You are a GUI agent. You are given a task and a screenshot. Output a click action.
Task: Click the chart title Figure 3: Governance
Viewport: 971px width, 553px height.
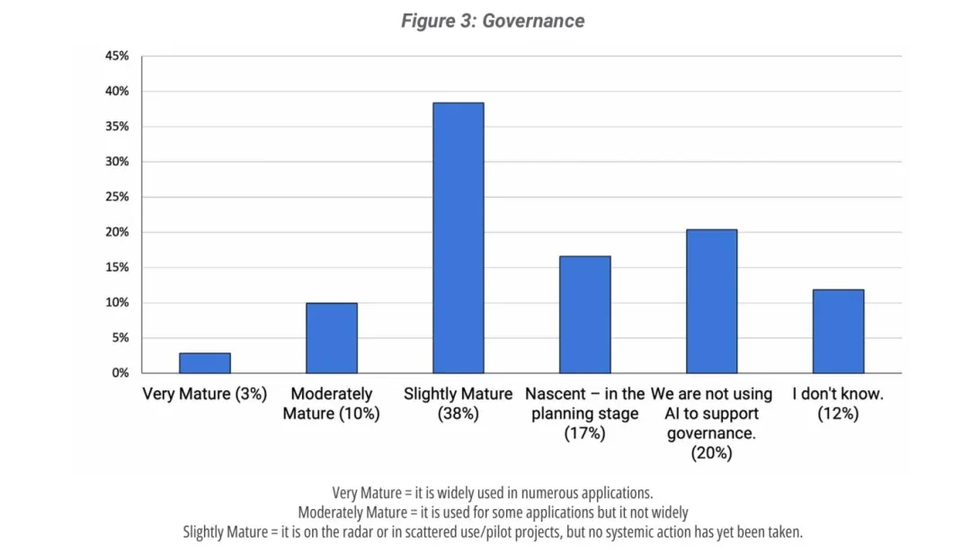point(493,21)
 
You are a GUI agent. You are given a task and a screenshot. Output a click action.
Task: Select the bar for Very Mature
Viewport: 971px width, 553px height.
point(205,362)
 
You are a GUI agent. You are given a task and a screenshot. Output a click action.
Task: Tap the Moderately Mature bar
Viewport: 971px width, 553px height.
point(332,338)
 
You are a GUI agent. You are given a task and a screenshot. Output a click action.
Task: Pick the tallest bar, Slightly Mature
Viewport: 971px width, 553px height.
point(458,238)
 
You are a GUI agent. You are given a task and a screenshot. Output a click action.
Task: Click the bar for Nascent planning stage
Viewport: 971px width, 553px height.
point(584,315)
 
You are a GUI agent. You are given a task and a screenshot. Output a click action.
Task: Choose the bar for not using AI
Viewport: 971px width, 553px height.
point(711,301)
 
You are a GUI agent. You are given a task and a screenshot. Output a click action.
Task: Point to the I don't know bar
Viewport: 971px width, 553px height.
point(838,331)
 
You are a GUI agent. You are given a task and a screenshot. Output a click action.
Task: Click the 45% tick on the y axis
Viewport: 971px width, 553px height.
point(117,56)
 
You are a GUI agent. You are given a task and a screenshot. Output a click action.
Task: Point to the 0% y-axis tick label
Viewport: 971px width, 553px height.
point(120,373)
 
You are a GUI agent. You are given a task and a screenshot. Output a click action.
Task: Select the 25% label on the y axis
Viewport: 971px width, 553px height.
point(117,197)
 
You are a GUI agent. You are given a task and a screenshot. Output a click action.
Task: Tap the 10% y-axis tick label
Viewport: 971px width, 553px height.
point(117,303)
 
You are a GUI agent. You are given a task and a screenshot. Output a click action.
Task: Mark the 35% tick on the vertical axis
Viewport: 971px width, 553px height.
point(117,127)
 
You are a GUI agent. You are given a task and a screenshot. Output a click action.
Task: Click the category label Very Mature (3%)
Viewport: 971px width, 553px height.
point(205,395)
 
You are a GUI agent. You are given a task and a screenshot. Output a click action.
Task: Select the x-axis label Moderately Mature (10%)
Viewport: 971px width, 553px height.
point(331,404)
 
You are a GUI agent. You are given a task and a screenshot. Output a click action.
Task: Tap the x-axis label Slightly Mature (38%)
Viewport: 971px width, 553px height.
point(458,404)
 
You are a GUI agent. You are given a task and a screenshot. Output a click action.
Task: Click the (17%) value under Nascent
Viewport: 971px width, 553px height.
point(584,433)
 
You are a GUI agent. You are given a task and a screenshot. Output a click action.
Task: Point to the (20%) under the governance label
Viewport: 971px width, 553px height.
point(711,453)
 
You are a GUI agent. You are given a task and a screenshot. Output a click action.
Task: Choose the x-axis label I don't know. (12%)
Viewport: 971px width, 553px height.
point(838,404)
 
